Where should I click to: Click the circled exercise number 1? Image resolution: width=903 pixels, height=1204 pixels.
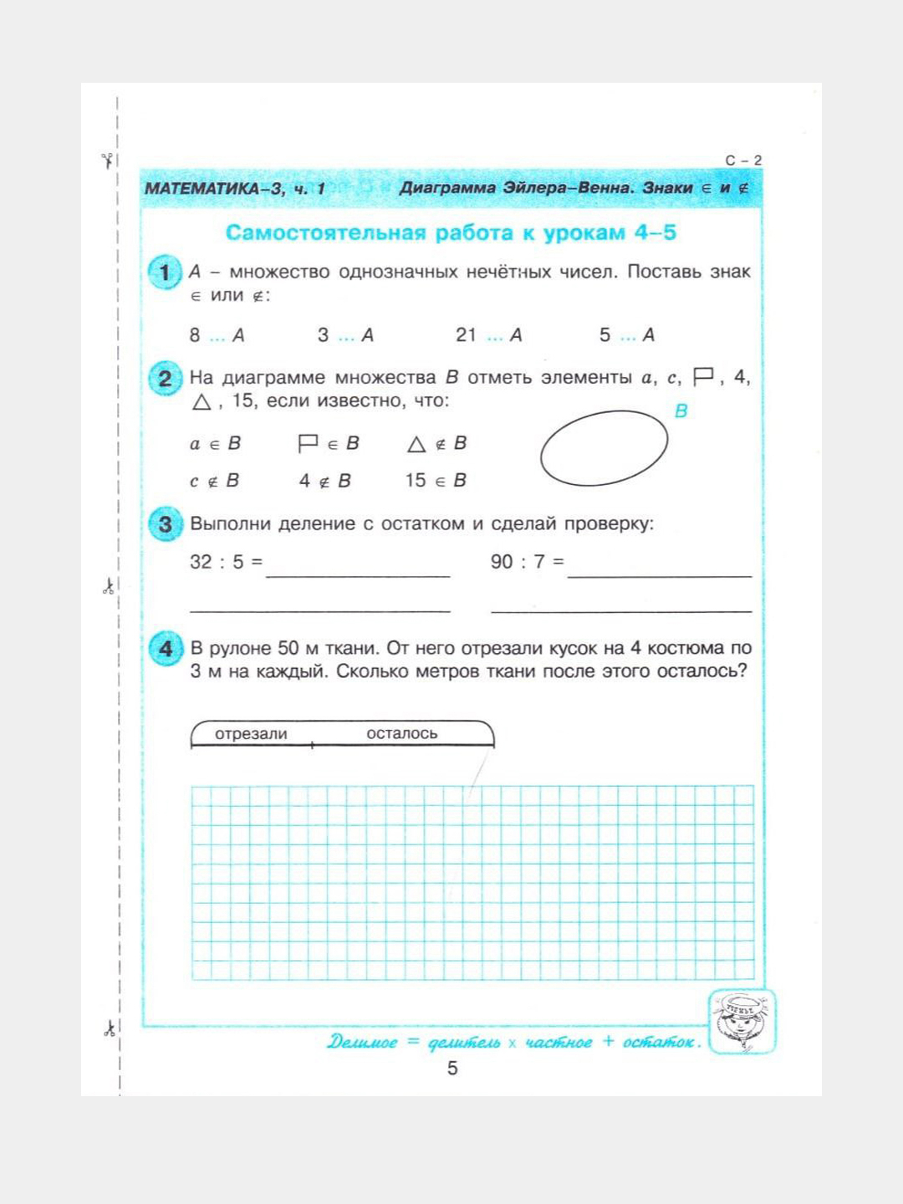pyautogui.click(x=165, y=273)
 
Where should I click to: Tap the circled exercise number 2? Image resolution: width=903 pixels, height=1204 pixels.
pyautogui.click(x=165, y=379)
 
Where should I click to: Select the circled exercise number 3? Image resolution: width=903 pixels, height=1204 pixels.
pyautogui.click(x=165, y=524)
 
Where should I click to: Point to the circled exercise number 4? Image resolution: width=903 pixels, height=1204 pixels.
pyautogui.click(x=165, y=649)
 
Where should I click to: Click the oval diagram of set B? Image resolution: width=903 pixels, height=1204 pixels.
pyautogui.click(x=604, y=447)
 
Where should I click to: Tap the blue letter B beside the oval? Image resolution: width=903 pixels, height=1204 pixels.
pyautogui.click(x=681, y=411)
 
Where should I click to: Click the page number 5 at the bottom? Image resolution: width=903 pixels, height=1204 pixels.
pyautogui.click(x=452, y=1068)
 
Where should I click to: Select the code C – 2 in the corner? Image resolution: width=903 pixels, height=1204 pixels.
pyautogui.click(x=743, y=161)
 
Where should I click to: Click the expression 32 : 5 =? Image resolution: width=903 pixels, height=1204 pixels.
pyautogui.click(x=226, y=562)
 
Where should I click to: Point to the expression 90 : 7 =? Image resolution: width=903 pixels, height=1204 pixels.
pyautogui.click(x=527, y=562)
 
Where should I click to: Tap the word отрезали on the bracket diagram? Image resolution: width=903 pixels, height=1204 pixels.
pyautogui.click(x=251, y=734)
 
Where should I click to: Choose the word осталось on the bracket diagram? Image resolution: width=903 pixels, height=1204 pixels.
pyautogui.click(x=401, y=733)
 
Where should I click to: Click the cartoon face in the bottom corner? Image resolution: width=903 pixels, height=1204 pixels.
pyautogui.click(x=741, y=1020)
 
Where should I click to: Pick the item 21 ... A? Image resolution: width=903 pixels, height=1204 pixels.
pyautogui.click(x=488, y=335)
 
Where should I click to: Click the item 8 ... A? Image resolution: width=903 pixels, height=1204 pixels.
pyautogui.click(x=217, y=335)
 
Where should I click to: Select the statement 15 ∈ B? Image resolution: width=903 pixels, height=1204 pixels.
pyautogui.click(x=436, y=481)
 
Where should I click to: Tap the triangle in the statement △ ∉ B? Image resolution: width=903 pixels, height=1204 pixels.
pyautogui.click(x=416, y=444)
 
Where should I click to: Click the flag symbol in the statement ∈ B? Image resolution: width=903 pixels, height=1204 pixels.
pyautogui.click(x=308, y=443)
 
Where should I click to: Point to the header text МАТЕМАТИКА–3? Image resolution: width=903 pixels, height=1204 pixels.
pyautogui.click(x=213, y=188)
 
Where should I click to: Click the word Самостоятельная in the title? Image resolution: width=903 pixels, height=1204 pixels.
pyautogui.click(x=326, y=232)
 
